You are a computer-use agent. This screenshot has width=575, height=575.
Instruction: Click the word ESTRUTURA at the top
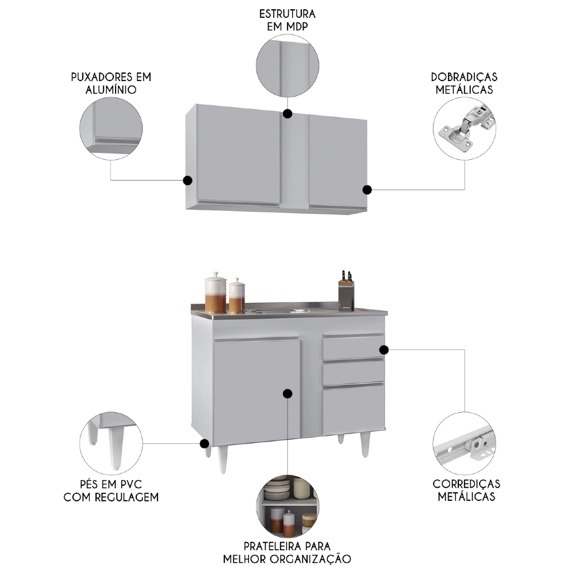pos(287,14)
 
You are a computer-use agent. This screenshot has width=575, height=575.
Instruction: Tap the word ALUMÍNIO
pos(111,90)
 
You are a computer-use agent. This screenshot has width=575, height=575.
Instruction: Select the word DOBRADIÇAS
pos(464,77)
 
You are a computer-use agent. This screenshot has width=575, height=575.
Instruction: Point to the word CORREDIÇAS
pos(466,484)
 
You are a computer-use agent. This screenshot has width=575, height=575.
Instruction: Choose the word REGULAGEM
pos(126,497)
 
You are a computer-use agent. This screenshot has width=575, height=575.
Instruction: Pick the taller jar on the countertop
pos(215,294)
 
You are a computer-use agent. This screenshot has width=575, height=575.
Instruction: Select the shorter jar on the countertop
pos(237,297)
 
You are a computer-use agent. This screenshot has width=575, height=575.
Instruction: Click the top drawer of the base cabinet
pos(354,347)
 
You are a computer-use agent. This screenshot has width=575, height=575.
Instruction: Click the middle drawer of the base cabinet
pos(354,372)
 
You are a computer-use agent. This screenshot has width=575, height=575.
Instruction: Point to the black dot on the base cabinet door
pos(287,394)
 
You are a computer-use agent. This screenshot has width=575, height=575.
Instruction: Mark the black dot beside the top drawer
pos(384,350)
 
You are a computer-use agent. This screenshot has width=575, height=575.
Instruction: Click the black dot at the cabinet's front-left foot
pos(205,444)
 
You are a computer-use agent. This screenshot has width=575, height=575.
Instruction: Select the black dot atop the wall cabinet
pos(288,114)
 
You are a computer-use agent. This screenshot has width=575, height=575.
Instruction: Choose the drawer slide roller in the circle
pos(478,444)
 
